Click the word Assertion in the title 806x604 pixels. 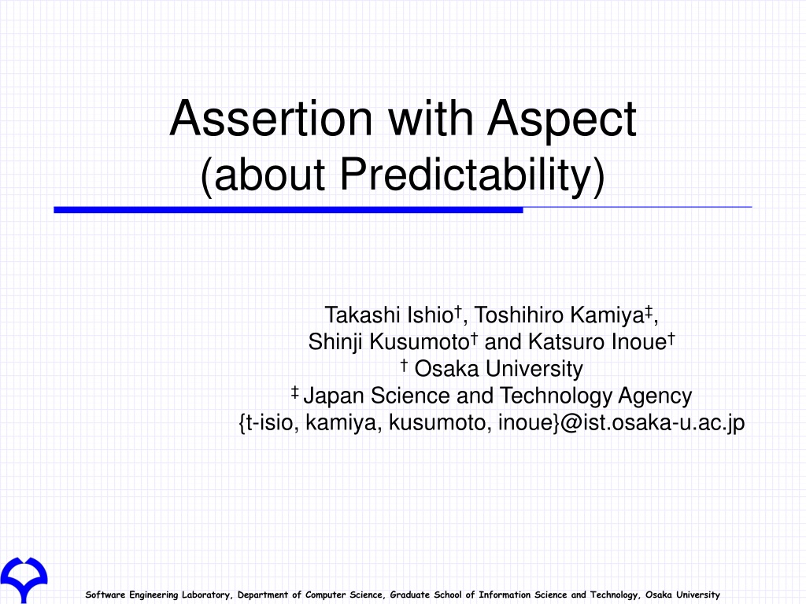pyautogui.click(x=271, y=119)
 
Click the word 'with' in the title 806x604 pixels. pyautogui.click(x=430, y=119)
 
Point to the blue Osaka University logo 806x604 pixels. pyautogui.click(x=24, y=580)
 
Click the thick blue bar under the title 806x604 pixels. pyautogui.click(x=288, y=210)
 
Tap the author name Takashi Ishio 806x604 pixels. pyautogui.click(x=389, y=315)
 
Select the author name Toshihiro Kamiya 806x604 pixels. pyautogui.click(x=559, y=315)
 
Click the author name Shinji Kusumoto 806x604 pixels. pyautogui.click(x=389, y=342)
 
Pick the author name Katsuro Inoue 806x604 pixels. pyautogui.click(x=597, y=342)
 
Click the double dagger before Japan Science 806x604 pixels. pyautogui.click(x=294, y=393)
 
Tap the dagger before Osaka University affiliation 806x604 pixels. pyautogui.click(x=404, y=366)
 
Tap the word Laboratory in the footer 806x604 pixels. pyautogui.click(x=207, y=595)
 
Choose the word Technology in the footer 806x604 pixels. pyautogui.click(x=614, y=595)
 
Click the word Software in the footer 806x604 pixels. pyautogui.click(x=105, y=595)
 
